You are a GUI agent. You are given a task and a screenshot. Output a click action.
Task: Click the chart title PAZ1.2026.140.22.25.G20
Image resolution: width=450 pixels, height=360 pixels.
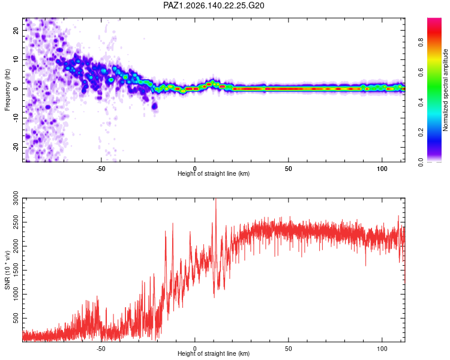214,5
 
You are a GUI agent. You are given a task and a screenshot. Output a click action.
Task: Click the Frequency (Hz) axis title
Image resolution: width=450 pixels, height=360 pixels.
7,90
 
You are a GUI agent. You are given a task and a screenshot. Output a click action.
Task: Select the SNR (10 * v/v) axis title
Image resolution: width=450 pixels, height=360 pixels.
7,270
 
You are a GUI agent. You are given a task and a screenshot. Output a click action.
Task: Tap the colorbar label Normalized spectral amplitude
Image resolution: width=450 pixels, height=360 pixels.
445,90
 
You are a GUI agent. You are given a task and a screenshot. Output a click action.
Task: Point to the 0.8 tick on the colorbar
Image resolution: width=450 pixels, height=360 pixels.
421,43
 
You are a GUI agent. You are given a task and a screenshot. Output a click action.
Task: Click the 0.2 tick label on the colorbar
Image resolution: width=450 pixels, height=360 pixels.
421,133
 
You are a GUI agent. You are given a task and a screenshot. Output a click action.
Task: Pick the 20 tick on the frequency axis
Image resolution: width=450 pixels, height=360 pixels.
16,31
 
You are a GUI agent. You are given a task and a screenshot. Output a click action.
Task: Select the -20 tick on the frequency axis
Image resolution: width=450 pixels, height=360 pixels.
16,148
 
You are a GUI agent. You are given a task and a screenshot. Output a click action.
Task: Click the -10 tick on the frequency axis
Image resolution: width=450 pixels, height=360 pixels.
16,118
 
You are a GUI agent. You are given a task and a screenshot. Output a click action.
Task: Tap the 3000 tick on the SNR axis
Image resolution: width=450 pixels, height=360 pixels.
16,198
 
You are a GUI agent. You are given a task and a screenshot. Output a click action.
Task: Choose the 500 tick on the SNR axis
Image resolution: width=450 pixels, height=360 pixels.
16,318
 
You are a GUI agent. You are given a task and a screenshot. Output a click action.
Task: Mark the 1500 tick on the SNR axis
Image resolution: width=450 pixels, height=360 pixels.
16,270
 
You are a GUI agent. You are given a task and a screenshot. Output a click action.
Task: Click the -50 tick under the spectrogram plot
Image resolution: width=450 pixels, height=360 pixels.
101,169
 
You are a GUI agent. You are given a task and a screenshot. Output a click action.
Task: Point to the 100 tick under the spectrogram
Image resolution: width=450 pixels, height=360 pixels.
382,169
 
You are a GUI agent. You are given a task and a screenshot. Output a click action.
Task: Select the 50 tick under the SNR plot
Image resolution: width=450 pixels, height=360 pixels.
289,349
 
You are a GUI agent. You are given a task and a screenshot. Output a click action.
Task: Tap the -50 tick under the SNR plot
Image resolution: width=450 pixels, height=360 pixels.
101,349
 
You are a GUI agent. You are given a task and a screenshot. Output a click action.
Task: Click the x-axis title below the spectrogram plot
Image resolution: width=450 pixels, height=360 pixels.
214,173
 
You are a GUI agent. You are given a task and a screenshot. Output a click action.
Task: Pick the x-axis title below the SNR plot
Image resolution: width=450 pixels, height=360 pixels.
214,353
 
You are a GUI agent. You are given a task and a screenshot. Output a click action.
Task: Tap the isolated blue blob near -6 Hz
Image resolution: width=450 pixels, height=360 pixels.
154,106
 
